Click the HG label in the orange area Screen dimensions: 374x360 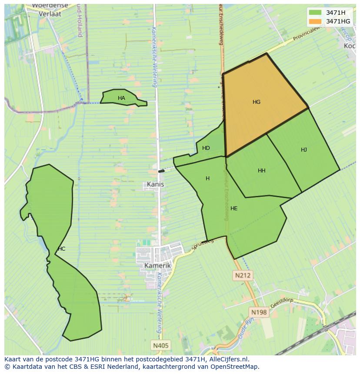[257, 102]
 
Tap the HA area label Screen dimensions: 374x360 [121, 98]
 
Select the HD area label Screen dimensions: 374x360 [206, 148]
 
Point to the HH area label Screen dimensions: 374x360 [261, 171]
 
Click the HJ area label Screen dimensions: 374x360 [304, 150]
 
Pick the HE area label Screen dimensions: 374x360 [234, 209]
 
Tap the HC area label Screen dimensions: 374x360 [61, 249]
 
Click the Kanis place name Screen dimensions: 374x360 [155, 184]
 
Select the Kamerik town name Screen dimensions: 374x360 [157, 265]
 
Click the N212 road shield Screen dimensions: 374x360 [243, 275]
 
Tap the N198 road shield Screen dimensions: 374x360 [259, 312]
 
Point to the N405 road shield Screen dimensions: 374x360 [161, 345]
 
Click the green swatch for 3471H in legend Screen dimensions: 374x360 [315, 13]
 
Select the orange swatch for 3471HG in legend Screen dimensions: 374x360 [315, 21]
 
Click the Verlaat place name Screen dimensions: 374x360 [50, 13]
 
